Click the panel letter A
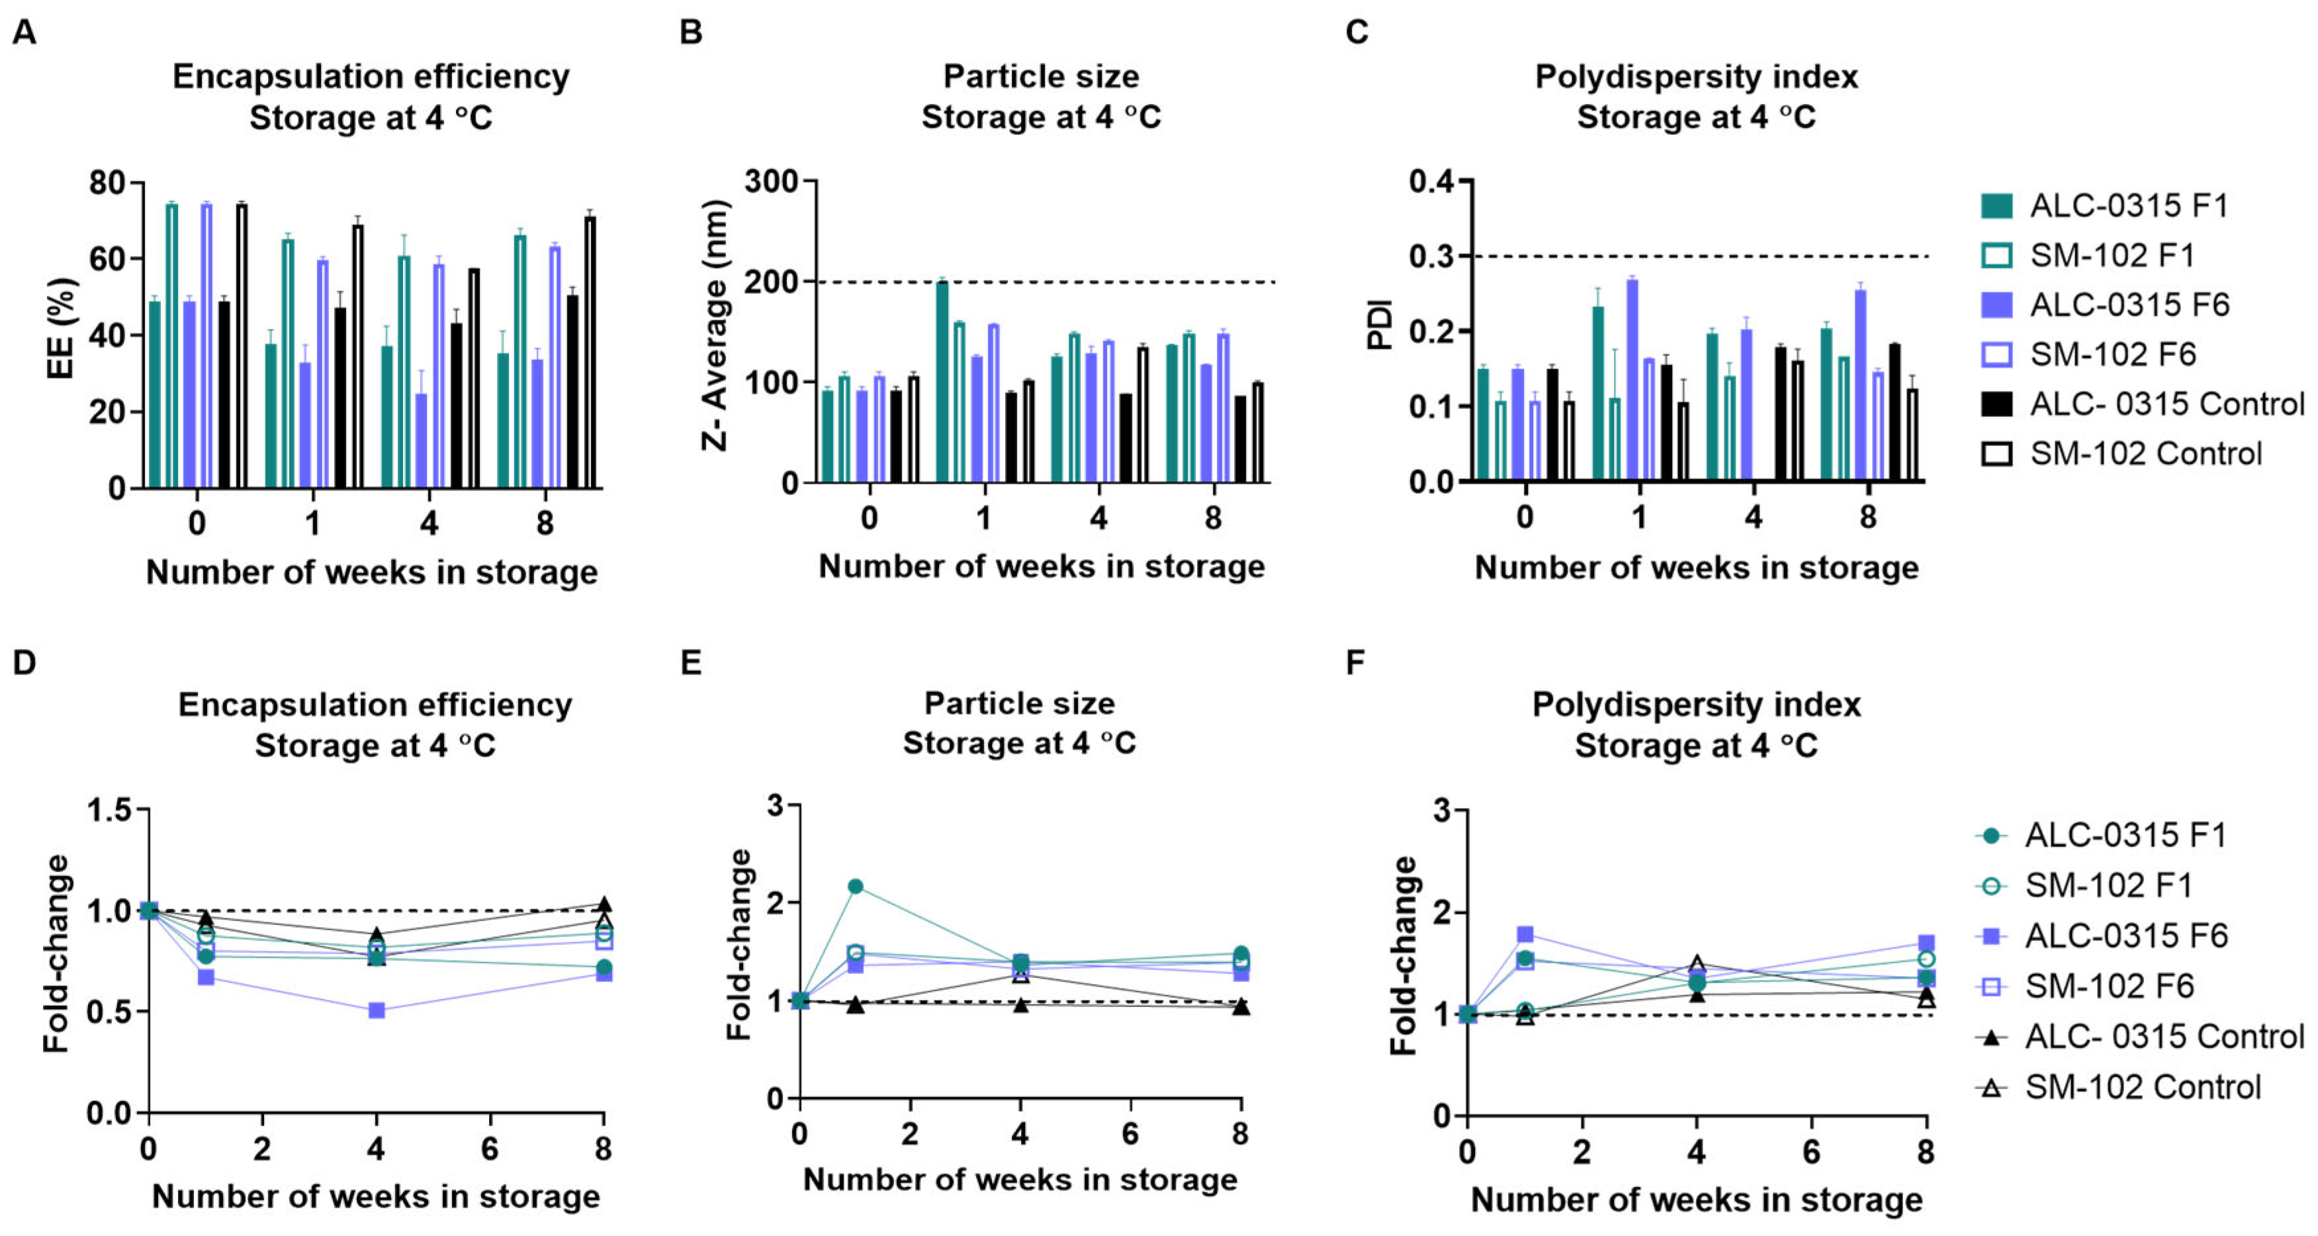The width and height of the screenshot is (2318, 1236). coord(24,33)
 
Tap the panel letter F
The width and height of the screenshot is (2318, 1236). coord(1355,663)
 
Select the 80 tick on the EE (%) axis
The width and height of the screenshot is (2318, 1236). coord(107,183)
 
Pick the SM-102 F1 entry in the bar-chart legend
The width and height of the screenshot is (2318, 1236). coord(2110,255)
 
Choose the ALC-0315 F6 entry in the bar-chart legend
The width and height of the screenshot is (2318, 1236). coord(2128,305)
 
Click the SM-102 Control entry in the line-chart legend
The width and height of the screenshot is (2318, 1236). coord(2141,1088)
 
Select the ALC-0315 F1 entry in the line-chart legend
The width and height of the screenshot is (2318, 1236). coord(2125,836)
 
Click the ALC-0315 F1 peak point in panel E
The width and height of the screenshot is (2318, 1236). coord(856,886)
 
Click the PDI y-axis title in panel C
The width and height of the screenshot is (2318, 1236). coord(1380,324)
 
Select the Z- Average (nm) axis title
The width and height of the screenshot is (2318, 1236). coord(715,324)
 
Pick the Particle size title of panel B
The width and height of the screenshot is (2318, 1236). coord(1040,77)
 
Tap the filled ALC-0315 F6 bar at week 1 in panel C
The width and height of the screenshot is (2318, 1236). coord(1631,380)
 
